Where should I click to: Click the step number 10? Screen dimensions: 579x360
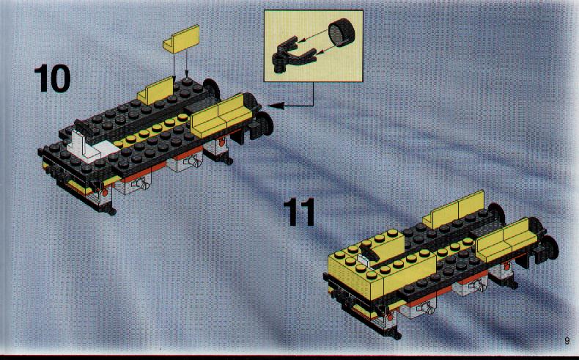(x=52, y=78)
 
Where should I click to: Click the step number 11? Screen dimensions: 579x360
(x=300, y=212)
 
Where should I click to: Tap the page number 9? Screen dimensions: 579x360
(x=567, y=340)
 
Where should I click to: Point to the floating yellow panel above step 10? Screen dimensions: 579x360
(x=181, y=39)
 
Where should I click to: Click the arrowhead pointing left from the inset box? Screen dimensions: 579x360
(x=275, y=106)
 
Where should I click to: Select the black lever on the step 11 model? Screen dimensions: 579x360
(x=369, y=254)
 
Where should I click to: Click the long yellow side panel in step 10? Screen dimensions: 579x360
(x=222, y=115)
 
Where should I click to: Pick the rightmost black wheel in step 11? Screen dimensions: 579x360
(x=550, y=248)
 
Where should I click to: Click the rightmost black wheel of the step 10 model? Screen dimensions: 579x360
(x=265, y=124)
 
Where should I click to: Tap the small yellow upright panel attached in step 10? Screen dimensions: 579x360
(x=156, y=91)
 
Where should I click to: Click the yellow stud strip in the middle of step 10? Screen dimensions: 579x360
(x=152, y=130)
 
